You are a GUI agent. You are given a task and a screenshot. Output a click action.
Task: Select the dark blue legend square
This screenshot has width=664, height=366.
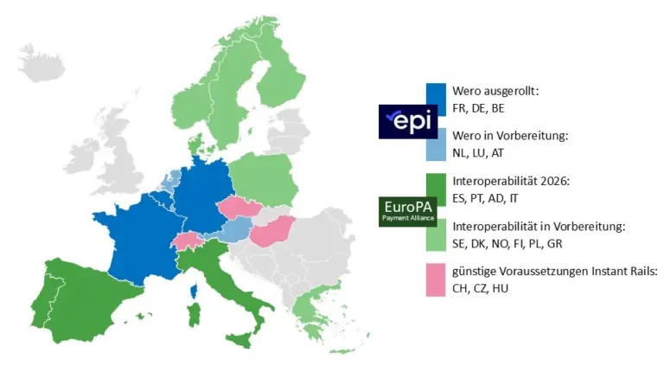click(437, 100)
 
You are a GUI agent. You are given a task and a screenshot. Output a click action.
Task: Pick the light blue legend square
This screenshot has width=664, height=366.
click(437, 144)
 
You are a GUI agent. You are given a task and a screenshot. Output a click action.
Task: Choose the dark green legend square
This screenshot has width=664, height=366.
click(437, 189)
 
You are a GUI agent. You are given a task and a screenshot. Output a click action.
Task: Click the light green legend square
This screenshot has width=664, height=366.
click(437, 234)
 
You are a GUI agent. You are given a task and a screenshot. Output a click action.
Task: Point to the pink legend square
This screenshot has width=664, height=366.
click(437, 279)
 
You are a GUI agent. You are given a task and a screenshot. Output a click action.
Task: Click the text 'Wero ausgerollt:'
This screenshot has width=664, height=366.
click(495, 91)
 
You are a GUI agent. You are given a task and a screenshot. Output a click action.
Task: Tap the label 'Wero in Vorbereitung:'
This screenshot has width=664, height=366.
click(510, 136)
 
